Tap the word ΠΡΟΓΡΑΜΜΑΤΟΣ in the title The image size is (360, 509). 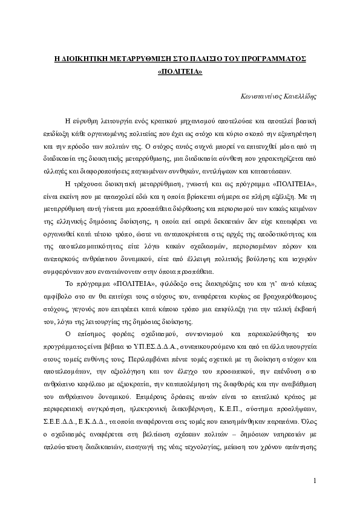[x=273, y=59]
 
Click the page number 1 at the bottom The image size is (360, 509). [x=315, y=481]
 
